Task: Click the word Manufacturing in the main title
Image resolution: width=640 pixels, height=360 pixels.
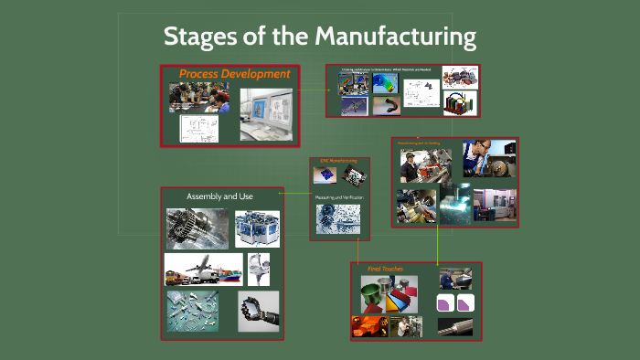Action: pyautogui.click(x=396, y=37)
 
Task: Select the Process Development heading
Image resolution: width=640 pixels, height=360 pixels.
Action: pyautogui.click(x=234, y=74)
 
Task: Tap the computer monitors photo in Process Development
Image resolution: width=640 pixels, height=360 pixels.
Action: pyautogui.click(x=269, y=113)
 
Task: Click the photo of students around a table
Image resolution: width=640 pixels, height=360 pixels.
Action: pyautogui.click(x=198, y=96)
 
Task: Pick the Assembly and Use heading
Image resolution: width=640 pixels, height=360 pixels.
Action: pyautogui.click(x=219, y=196)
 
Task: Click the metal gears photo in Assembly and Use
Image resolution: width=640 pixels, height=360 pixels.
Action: pyautogui.click(x=197, y=228)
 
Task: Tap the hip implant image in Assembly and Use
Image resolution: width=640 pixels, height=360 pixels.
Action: pyautogui.click(x=259, y=270)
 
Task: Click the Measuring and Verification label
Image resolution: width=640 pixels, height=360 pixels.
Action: pyautogui.click(x=339, y=197)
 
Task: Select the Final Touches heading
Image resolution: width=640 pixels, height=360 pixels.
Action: pyautogui.click(x=385, y=270)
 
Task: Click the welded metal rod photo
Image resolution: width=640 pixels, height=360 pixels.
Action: pyautogui.click(x=455, y=325)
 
